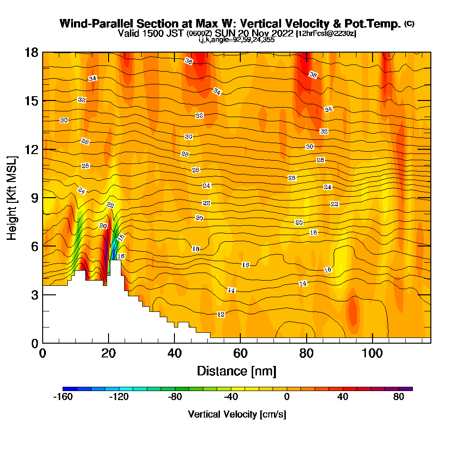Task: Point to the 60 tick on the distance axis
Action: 240,354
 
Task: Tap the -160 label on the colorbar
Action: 63,397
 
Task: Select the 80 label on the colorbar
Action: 399,397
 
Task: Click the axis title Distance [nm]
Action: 237,371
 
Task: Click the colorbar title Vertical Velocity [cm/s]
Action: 237,414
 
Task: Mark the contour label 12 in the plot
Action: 221,314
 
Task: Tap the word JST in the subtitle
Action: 177,34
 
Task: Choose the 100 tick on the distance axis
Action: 373,354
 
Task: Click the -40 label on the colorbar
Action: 230,397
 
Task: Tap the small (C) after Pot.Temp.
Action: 409,24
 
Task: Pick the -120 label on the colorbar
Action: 118,397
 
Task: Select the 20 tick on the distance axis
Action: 109,354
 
